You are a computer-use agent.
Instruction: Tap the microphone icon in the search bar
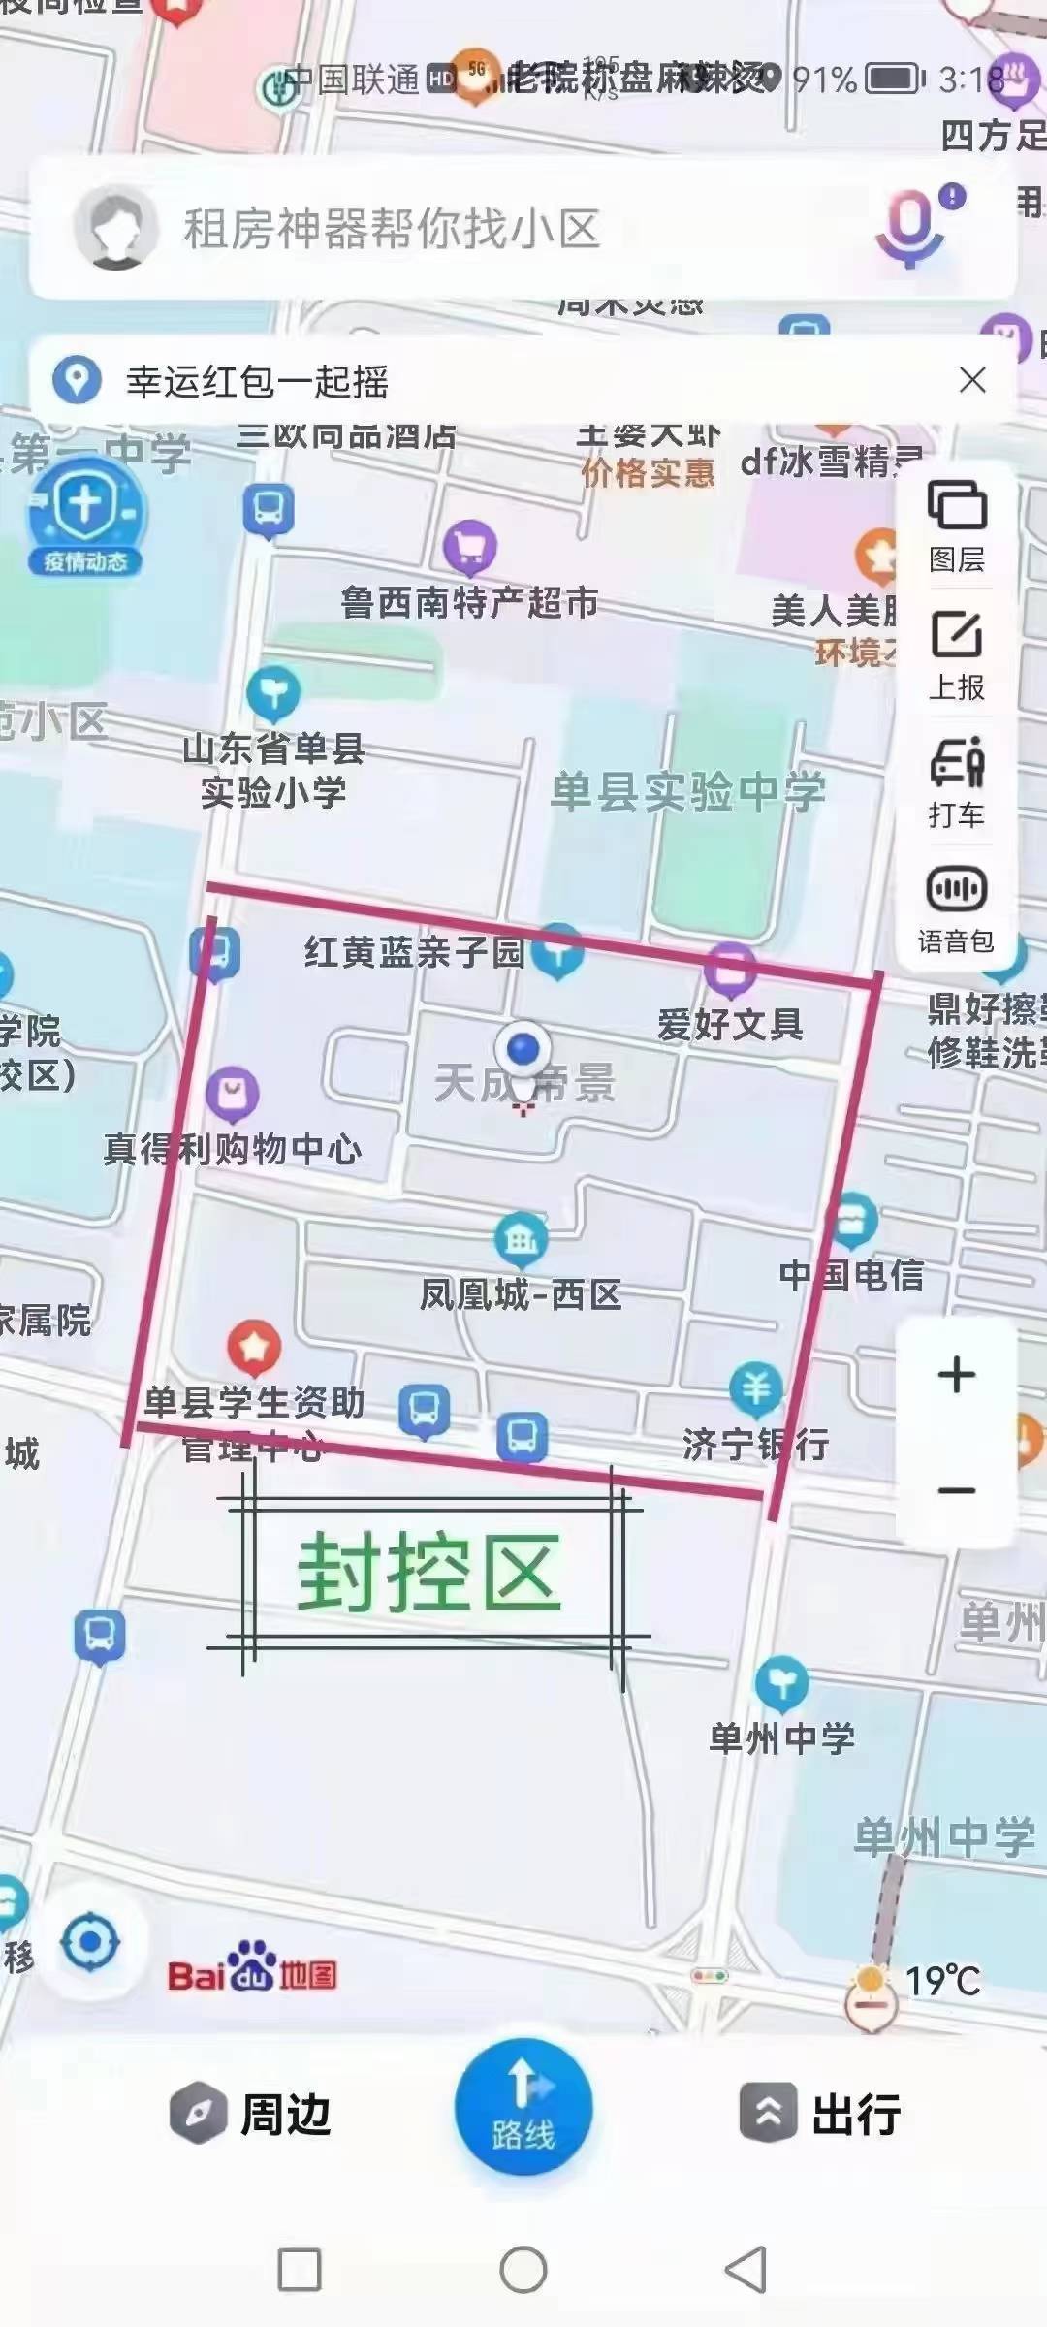pos(909,229)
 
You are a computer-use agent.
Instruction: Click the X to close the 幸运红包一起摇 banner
pos(972,380)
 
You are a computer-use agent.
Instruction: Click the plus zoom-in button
pos(957,1375)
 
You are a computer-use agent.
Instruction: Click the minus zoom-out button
pos(957,1490)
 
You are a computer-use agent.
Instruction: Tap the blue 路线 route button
pos(523,2107)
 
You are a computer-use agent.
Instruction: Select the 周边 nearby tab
pos(252,2114)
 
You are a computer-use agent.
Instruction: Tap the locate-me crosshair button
pos(90,1943)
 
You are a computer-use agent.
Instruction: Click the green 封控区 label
pos(428,1573)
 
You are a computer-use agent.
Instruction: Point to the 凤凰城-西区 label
pos(521,1293)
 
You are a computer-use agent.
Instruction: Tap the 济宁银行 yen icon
pos(756,1389)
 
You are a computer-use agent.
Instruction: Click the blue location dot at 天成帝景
pos(523,1049)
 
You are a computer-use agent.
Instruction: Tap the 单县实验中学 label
pos(688,791)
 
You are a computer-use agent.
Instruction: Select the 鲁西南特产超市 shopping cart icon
pos(470,548)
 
